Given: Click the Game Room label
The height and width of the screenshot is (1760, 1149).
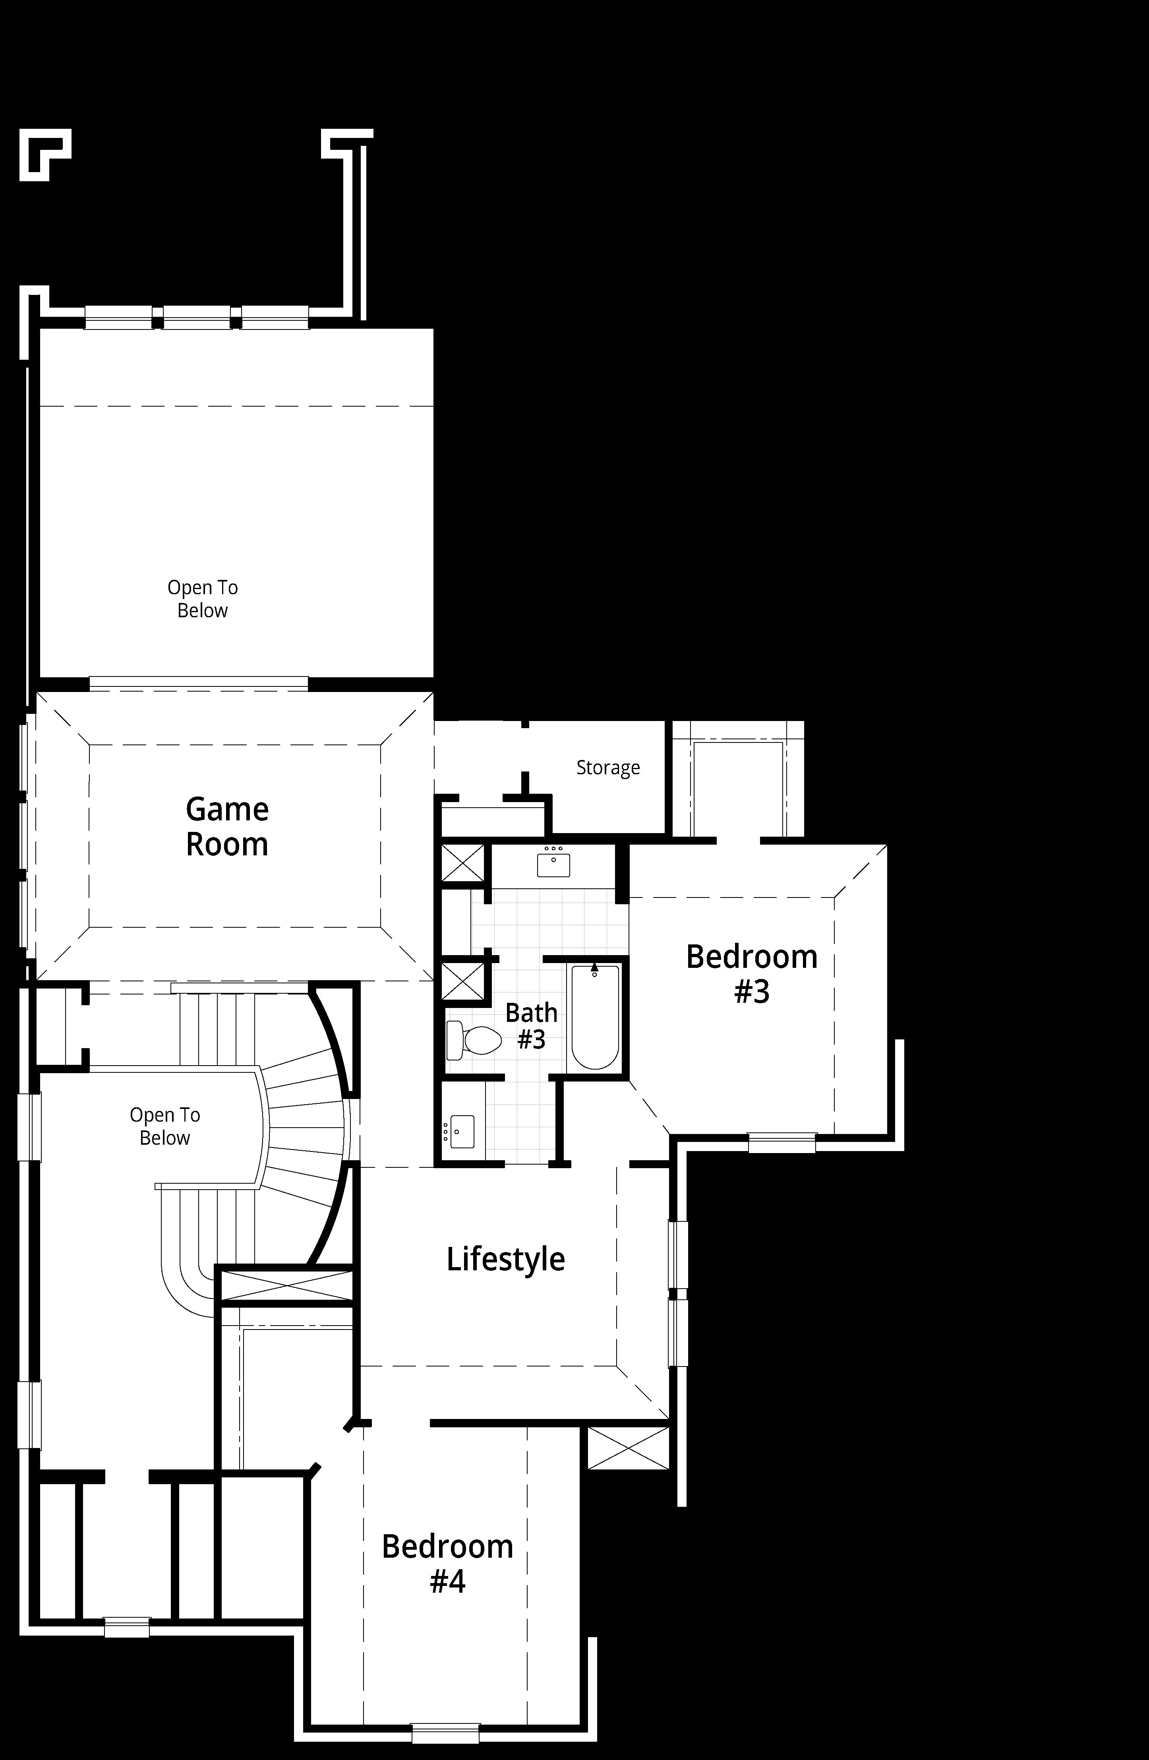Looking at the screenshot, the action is pos(227,827).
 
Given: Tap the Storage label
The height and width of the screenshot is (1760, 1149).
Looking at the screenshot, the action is pos(608,768).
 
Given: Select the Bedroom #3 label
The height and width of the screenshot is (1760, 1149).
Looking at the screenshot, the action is pos(752,973).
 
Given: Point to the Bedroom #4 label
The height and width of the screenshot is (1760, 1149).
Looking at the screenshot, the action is pos(447,1563).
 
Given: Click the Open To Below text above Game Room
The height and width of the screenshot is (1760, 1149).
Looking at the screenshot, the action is pos(203,599).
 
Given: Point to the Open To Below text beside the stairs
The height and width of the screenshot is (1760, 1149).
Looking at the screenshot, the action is pos(165,1126).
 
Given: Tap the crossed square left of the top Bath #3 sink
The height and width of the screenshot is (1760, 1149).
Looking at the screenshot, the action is pos(463,862).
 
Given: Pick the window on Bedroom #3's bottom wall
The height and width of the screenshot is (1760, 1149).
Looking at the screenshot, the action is pos(781,1142).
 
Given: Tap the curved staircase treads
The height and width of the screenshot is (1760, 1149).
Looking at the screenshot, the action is pos(303,1132).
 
